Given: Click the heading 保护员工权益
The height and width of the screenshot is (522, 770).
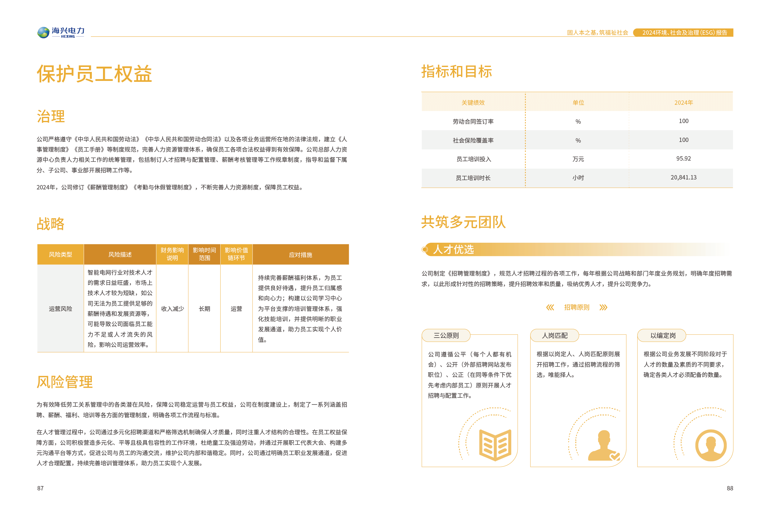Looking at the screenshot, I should pos(94,73).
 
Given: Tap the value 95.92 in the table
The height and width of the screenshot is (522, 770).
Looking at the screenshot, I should pos(683,159).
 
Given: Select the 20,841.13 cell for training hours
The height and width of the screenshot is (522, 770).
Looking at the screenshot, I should pos(683,177).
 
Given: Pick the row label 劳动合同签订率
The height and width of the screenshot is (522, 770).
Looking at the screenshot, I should pos(473,122).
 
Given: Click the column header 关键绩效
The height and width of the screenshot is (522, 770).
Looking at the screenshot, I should pos(473,103).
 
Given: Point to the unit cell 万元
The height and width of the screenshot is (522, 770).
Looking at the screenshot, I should pos(578,159).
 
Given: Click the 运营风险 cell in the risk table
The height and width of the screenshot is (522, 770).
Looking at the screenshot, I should pos(60,308).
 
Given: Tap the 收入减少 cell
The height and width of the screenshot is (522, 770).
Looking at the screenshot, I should pos(172,308).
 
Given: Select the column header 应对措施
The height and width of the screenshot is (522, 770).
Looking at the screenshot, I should pos(300,254).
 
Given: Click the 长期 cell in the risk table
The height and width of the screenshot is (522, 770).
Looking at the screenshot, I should pos(204,308).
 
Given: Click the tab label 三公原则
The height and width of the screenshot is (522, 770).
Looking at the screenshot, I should pos(446,335).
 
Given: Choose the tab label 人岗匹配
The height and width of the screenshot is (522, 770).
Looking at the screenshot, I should pos(554,335).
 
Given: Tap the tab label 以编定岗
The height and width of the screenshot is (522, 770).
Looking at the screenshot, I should pos(662,335).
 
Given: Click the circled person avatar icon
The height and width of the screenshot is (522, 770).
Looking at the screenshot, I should pos(711,445).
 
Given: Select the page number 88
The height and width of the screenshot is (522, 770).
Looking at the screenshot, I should pos(730,488).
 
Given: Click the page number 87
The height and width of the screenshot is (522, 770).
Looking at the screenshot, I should pos(40,488).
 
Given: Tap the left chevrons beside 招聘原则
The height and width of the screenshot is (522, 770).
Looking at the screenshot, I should pos(550,307).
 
